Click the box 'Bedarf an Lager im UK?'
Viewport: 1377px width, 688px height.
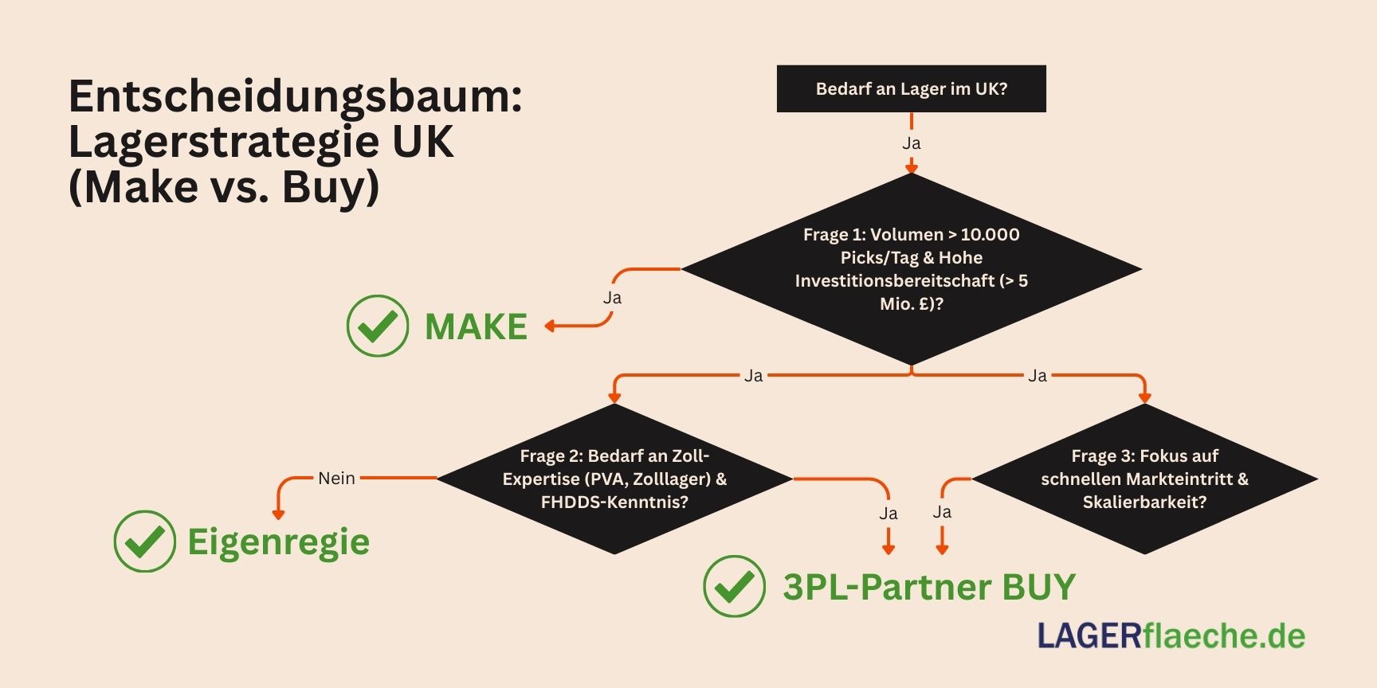911,88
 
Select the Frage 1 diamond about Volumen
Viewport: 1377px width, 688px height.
911,269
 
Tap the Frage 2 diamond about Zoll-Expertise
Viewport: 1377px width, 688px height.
614,479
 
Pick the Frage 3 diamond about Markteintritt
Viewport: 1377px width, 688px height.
1144,479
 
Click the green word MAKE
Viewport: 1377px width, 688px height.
476,326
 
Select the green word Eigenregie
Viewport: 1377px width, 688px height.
278,542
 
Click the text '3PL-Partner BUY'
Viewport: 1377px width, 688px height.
929,587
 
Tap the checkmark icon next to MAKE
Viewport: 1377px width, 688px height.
378,326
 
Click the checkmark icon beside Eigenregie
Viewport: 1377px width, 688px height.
144,541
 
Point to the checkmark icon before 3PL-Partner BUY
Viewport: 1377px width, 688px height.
734,586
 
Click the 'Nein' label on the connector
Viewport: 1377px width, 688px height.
336,478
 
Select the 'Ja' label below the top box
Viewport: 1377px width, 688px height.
911,143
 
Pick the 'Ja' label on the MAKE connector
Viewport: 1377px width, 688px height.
612,298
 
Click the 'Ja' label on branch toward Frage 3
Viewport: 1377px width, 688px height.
1037,375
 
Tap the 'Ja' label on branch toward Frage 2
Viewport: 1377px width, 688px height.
753,375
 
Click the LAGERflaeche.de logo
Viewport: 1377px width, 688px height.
1171,635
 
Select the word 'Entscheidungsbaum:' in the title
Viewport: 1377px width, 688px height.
296,96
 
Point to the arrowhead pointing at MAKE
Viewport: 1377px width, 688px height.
550,326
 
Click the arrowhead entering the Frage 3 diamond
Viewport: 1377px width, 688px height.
1144,397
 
